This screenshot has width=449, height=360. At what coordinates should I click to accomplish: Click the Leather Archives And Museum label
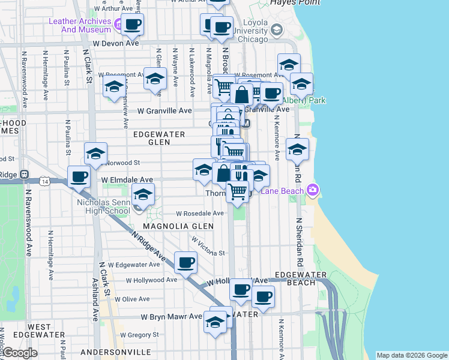tap(78, 25)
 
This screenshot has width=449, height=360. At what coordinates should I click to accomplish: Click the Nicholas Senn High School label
tap(104, 206)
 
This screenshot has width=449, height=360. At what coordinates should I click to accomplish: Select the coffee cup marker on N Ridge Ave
tap(186, 262)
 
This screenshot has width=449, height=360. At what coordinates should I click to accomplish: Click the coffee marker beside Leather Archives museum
tap(133, 25)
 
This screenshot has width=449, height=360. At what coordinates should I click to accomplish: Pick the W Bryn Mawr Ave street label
tap(171, 316)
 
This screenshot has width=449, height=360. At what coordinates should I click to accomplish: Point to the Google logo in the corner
tap(20, 353)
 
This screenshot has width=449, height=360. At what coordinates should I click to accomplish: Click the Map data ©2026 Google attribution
tap(411, 355)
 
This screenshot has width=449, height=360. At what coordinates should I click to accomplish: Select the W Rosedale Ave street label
tap(200, 213)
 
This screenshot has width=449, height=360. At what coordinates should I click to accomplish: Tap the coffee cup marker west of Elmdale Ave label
tap(79, 177)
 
